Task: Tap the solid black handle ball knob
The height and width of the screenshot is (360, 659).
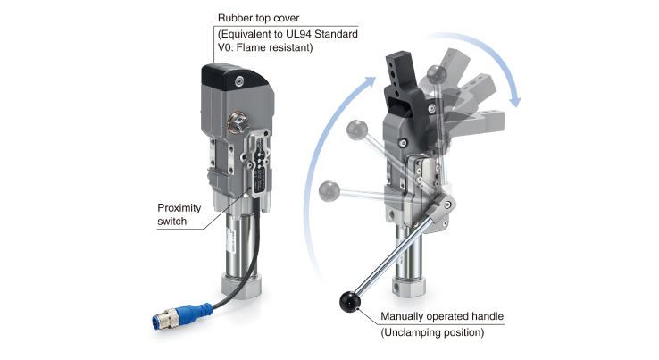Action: (350, 302)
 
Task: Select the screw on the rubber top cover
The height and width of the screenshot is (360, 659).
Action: (239, 81)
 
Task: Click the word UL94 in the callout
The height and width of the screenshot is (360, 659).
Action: (300, 34)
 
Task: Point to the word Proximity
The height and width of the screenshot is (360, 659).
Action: (179, 208)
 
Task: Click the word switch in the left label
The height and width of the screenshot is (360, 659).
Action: (172, 222)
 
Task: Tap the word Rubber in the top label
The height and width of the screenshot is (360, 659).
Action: (232, 18)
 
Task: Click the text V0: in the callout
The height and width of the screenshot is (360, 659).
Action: (226, 47)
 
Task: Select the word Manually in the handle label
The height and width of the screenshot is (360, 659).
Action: (402, 316)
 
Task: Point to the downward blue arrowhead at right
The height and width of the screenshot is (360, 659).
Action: (514, 101)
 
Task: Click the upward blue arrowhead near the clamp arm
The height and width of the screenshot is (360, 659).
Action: (370, 82)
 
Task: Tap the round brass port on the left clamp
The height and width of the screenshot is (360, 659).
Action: (238, 122)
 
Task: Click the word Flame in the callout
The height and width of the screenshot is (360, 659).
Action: (251, 47)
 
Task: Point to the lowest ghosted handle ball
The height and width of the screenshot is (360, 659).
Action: (329, 191)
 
